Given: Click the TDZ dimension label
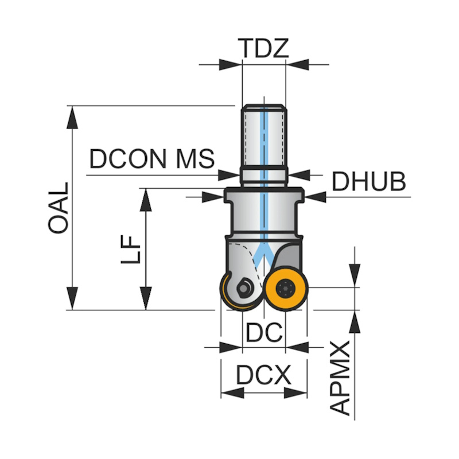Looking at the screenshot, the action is (x=263, y=48).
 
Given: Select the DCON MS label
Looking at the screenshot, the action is (x=152, y=159).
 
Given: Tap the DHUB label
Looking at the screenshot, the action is (x=368, y=181).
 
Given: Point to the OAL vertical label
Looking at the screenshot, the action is (x=58, y=208).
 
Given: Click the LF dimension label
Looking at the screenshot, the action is (x=131, y=250).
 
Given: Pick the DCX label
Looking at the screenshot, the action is (x=264, y=375).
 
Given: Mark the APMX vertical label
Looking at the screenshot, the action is (x=340, y=378).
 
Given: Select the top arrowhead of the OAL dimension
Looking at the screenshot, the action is (x=72, y=117).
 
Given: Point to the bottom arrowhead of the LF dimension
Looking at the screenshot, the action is (x=146, y=298).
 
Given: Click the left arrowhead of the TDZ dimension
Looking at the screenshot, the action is (x=231, y=64).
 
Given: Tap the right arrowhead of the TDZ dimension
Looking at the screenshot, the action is (x=297, y=64).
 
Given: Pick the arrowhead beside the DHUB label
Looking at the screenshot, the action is (x=315, y=197).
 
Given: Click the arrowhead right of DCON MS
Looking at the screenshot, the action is (x=229, y=175).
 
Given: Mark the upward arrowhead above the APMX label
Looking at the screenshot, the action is (x=355, y=322).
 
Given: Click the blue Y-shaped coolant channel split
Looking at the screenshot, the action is (x=264, y=252).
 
